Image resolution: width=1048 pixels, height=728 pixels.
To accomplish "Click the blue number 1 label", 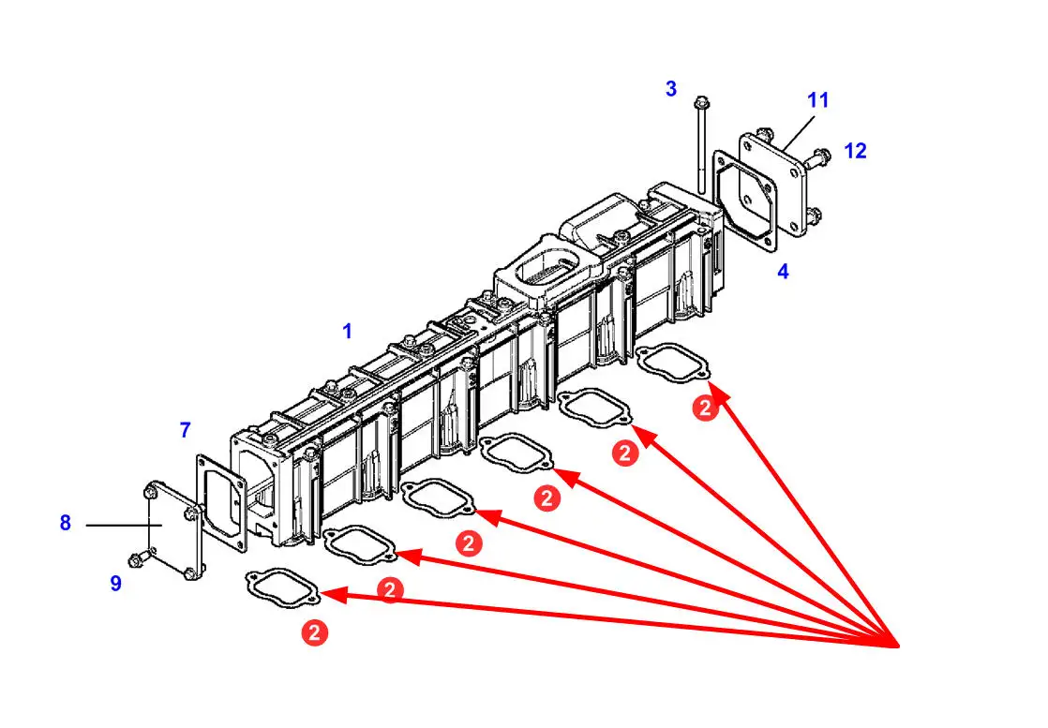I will (x=347, y=331).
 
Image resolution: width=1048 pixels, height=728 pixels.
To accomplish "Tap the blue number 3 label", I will (x=671, y=89).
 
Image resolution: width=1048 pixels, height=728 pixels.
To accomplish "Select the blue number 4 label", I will (x=783, y=272).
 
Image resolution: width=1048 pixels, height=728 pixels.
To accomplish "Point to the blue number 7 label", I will (x=186, y=430).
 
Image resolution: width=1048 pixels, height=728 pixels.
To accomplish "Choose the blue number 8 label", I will (x=66, y=523).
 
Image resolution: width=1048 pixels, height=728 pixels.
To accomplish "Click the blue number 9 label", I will (x=115, y=583).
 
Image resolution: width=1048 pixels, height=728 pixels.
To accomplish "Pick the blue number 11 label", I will (x=818, y=100).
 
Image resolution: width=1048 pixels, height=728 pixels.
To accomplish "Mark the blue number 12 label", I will (x=855, y=150).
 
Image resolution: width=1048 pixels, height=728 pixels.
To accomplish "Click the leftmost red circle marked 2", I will (x=315, y=632).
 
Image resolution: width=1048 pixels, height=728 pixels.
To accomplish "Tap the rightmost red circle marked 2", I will (x=707, y=408).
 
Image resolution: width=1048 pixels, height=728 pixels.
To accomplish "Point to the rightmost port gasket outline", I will (x=673, y=362).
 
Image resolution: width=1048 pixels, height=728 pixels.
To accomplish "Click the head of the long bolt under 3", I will (x=700, y=103).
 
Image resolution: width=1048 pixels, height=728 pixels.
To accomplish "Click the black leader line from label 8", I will (x=122, y=526).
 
